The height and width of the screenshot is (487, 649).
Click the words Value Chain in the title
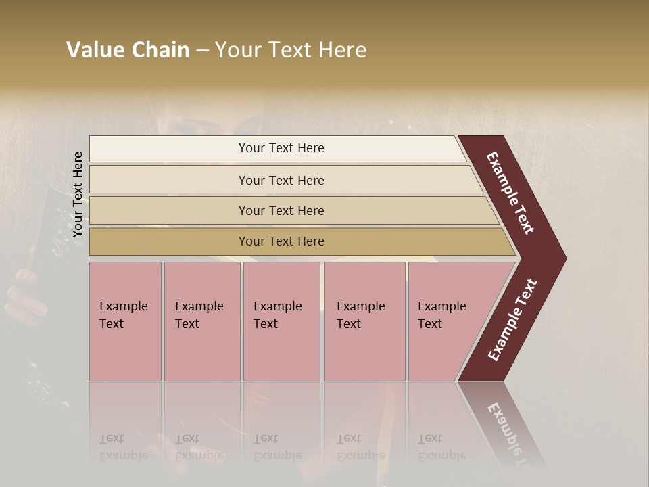click(x=128, y=50)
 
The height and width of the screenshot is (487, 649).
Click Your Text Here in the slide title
click(x=291, y=50)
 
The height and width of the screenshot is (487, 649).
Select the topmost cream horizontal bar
click(x=277, y=149)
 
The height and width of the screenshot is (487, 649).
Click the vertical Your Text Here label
click(x=78, y=194)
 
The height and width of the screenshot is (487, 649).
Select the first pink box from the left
click(x=125, y=321)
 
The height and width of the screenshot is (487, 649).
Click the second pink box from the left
click(x=201, y=321)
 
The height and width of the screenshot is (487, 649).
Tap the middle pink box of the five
click(x=281, y=321)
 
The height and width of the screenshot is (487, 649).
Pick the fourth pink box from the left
click(x=364, y=321)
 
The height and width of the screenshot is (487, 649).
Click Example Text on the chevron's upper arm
click(x=510, y=193)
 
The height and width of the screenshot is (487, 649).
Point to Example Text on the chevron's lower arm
click(x=512, y=320)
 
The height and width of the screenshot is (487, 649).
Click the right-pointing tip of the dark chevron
click(x=561, y=258)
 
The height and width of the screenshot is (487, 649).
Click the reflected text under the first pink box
click(x=123, y=447)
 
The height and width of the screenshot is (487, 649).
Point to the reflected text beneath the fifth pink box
click(x=441, y=447)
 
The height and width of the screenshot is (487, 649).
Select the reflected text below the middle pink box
click(x=277, y=447)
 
